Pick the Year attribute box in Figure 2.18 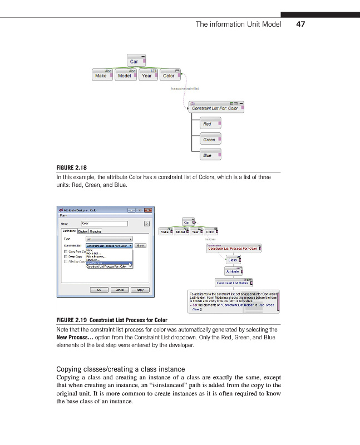pyautogui.click(x=147, y=75)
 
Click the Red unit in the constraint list pyautogui.click(x=209, y=123)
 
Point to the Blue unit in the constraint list pyautogui.click(x=210, y=155)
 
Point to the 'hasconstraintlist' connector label pyautogui.click(x=185, y=88)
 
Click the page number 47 pyautogui.click(x=301, y=24)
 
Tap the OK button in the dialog pyautogui.click(x=99, y=290)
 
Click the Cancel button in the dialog pyautogui.click(x=119, y=290)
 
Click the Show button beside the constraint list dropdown pyautogui.click(x=141, y=245)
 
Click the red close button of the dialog pyautogui.click(x=148, y=210)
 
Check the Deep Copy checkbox pyautogui.click(x=66, y=256)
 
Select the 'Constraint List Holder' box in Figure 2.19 pyautogui.click(x=233, y=283)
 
